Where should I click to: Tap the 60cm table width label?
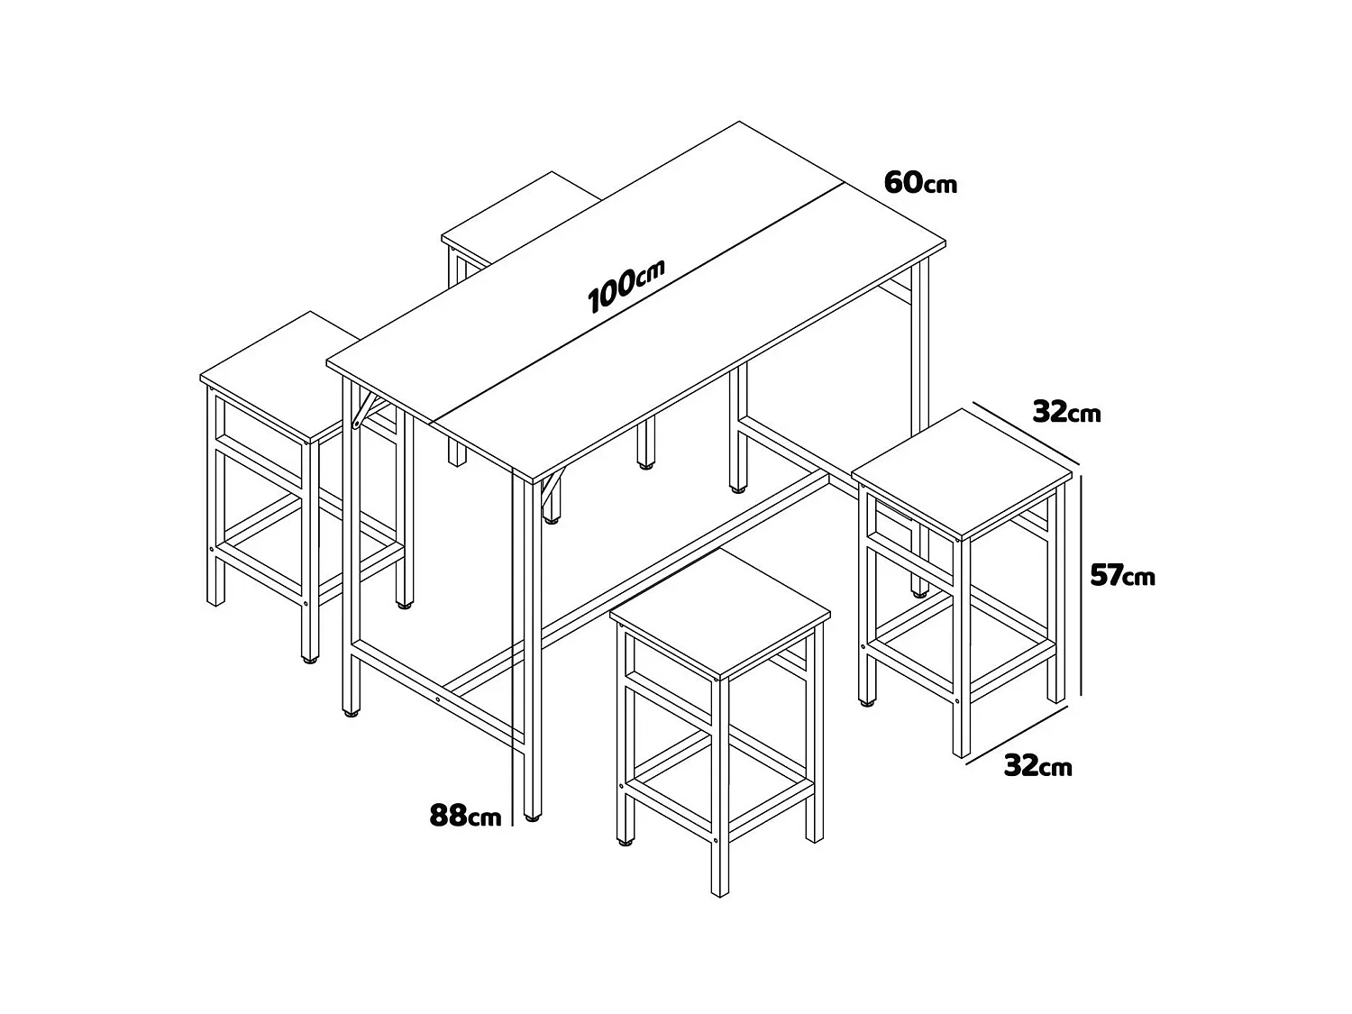[919, 183]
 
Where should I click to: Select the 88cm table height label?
[465, 817]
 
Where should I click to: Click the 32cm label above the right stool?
[1066, 413]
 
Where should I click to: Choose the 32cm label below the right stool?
[1037, 766]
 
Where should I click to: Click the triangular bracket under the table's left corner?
[363, 410]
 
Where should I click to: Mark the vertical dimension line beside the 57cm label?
[1082, 586]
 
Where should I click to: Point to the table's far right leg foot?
[918, 592]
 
